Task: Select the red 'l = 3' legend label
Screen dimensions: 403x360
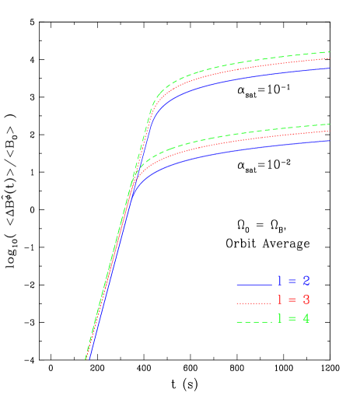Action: coord(295,300)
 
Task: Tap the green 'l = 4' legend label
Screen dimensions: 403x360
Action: coord(295,318)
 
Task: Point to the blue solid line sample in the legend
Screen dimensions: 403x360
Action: coord(253,284)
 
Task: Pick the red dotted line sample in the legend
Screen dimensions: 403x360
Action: coord(253,302)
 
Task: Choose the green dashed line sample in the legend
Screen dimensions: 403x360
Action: coord(253,321)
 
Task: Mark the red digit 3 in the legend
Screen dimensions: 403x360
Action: coord(306,300)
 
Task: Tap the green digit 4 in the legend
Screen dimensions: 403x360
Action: coord(306,318)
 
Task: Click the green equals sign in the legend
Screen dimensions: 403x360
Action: coord(295,319)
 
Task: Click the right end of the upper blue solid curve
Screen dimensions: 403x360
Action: coord(330,68)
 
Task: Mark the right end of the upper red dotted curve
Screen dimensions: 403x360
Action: coord(330,58)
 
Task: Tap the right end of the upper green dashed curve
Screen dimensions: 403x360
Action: coord(330,52)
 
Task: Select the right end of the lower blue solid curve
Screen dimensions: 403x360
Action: coord(330,141)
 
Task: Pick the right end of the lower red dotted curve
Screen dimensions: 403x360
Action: coord(330,131)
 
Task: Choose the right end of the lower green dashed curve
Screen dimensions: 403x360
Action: coord(330,124)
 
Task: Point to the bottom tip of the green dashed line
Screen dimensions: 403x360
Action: coord(85,359)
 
